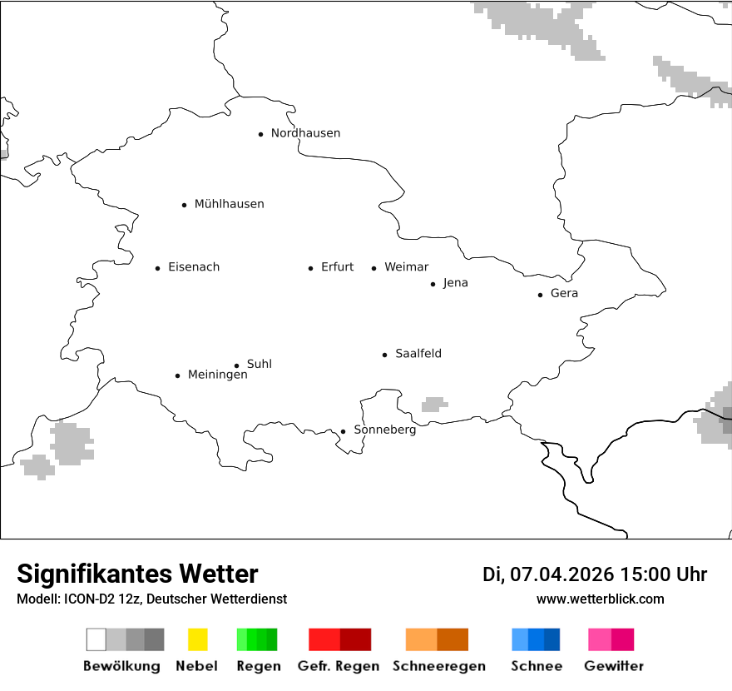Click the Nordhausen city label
305,133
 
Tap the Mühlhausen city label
229,204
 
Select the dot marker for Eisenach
157,268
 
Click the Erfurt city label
337,267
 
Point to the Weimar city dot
373,268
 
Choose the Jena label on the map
455,283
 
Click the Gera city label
564,293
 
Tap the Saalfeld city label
418,354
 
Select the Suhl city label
259,364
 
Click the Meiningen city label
217,375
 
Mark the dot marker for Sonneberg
343,431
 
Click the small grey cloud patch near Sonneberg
433,405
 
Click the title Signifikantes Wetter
137,574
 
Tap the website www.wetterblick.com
600,599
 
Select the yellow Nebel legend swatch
197,639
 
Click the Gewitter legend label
613,666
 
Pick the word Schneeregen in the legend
438,666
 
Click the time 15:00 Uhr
663,574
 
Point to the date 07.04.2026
561,574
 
